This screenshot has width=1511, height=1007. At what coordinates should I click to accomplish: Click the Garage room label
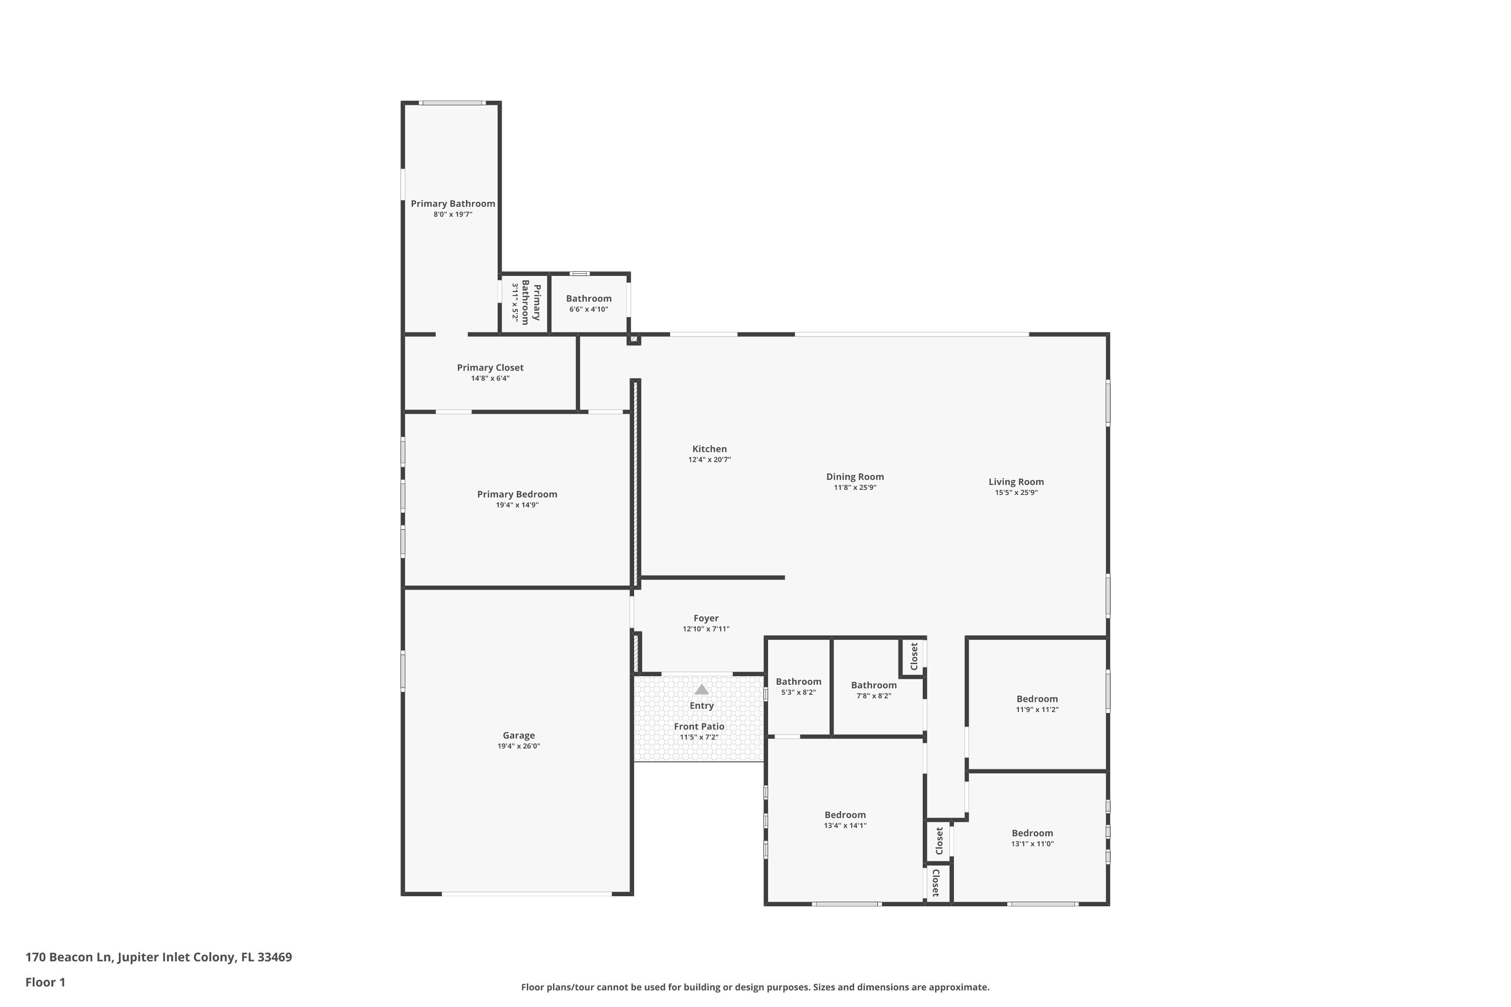tap(518, 735)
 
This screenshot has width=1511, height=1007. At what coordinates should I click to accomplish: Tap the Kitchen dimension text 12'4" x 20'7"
tap(709, 460)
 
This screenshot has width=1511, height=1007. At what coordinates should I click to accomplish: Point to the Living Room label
tap(1016, 482)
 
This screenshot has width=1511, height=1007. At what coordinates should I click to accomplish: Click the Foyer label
tap(706, 618)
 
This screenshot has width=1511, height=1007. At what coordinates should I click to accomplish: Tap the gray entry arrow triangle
tap(702, 690)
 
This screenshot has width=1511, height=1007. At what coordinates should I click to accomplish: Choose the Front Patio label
tap(699, 727)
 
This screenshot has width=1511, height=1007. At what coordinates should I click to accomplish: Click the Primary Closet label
tap(490, 368)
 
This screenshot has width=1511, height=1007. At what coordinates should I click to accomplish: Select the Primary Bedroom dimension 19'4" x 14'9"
tap(517, 506)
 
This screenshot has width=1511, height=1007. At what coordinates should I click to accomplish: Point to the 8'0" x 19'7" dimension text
tap(453, 214)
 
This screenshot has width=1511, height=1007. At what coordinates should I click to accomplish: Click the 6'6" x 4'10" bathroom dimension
tap(588, 310)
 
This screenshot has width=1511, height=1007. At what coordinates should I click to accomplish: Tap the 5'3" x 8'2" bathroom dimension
tap(798, 693)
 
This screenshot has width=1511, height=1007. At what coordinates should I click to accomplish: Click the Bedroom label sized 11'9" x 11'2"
tap(1037, 699)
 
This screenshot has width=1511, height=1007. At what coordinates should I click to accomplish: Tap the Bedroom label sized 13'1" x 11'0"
tap(1032, 833)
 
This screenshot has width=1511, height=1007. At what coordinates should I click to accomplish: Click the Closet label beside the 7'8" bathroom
tap(914, 657)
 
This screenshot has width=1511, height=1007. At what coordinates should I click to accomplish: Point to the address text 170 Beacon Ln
tap(68, 957)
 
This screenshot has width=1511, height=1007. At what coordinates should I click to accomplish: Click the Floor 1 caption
tap(45, 982)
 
